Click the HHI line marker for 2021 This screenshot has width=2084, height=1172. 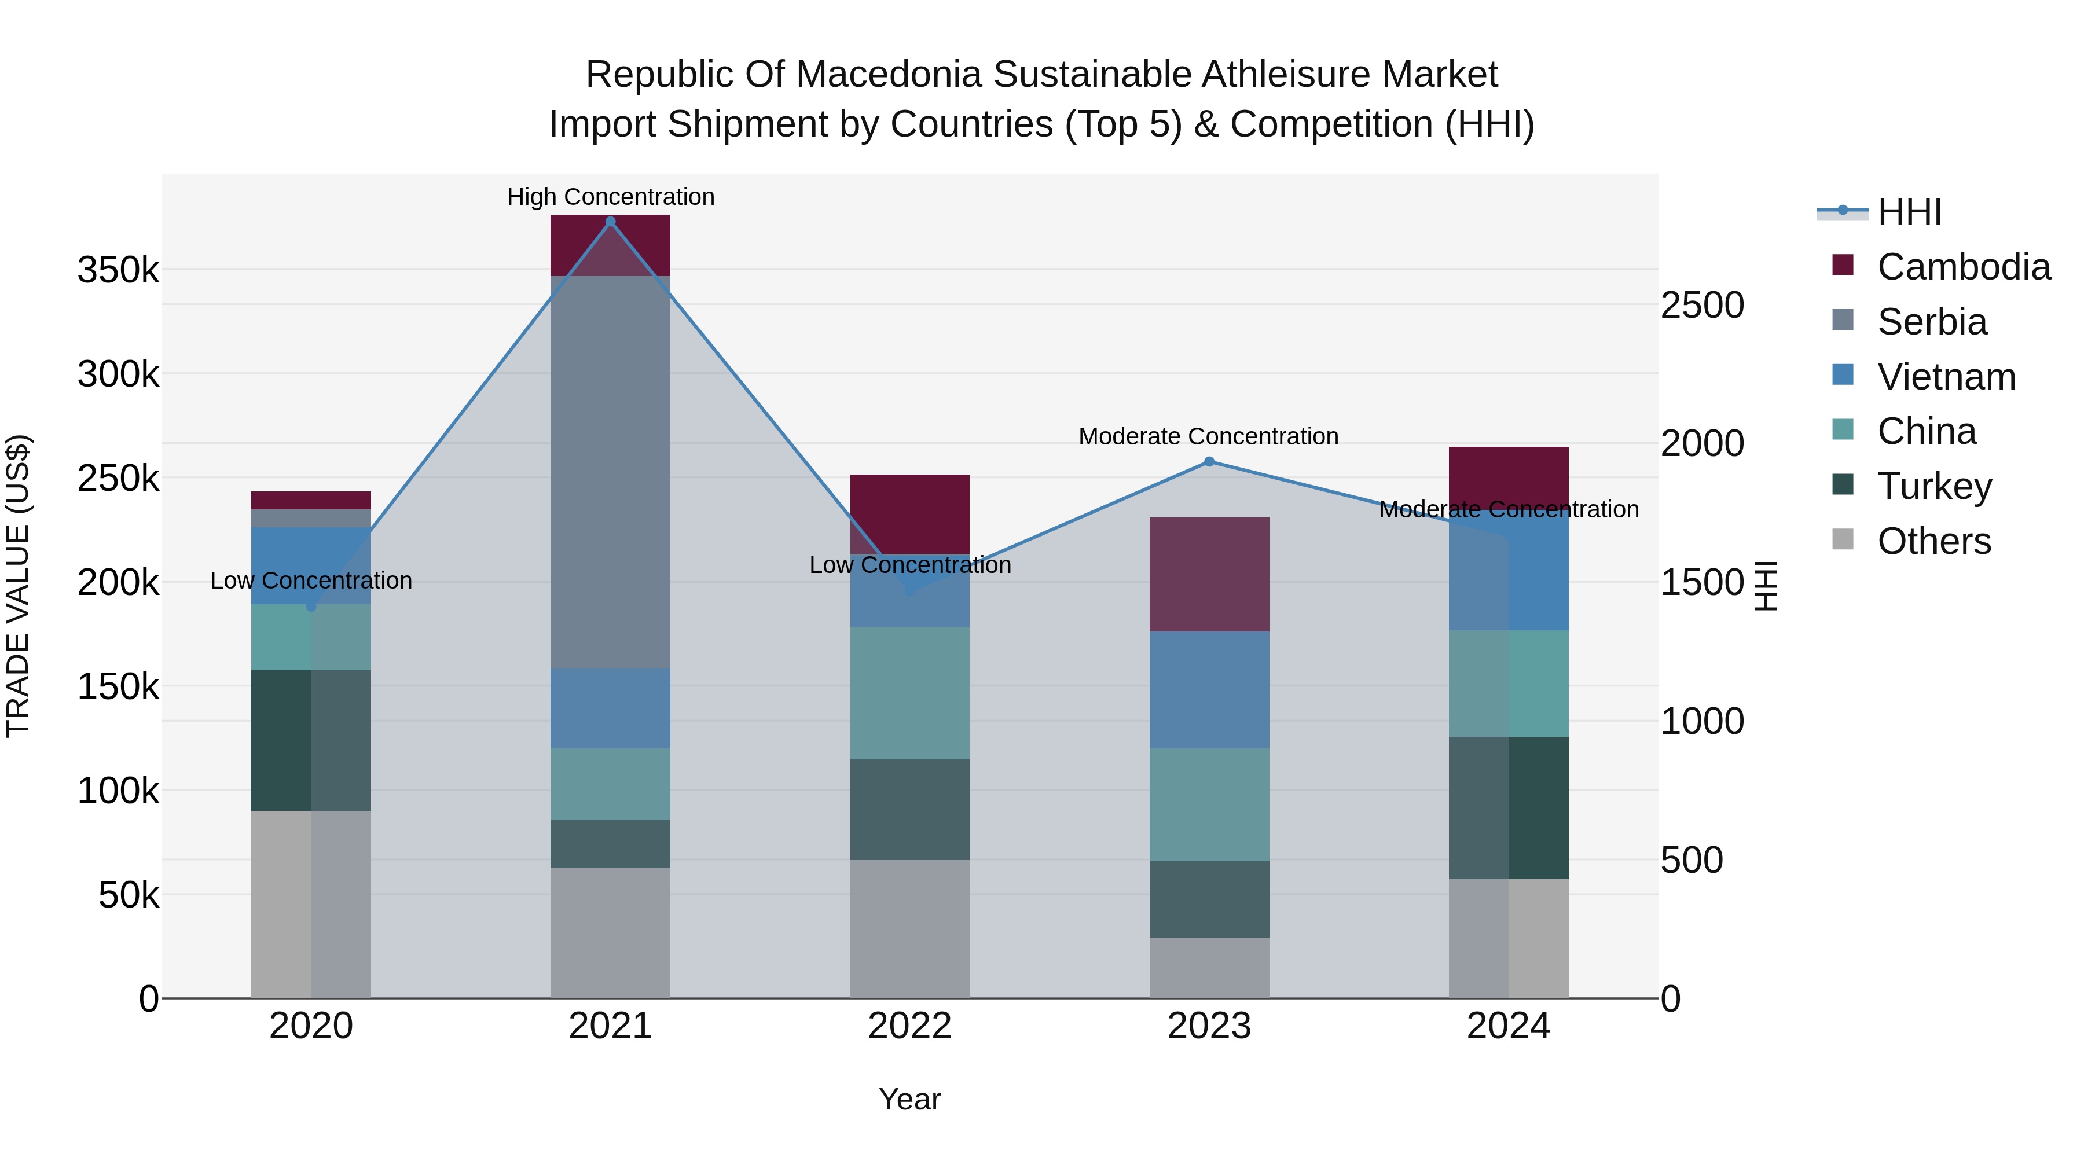(610, 222)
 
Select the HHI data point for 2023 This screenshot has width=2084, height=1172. (1209, 462)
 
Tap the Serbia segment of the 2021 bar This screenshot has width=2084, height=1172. (610, 472)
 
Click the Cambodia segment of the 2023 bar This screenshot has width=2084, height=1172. (1209, 574)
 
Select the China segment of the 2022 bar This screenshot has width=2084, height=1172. (909, 693)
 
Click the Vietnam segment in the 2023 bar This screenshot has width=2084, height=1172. (1209, 690)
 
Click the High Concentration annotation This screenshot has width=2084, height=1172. (610, 197)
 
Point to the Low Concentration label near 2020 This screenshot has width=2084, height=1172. (311, 581)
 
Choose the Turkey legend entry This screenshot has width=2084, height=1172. (1933, 487)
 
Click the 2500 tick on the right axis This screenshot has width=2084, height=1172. (1702, 306)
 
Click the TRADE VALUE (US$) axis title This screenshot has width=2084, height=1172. (18, 586)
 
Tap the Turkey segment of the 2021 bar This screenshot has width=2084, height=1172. (610, 844)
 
